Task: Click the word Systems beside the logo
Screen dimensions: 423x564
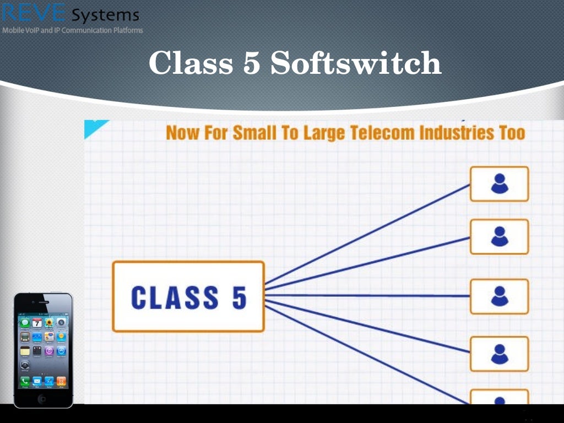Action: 105,15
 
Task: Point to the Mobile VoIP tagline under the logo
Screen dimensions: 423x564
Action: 73,30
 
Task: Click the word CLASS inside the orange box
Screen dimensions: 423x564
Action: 175,297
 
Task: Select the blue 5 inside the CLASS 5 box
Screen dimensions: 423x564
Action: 238,297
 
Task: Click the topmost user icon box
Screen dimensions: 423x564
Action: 499,184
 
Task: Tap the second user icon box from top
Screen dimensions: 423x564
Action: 499,237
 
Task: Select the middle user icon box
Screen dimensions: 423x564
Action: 499,296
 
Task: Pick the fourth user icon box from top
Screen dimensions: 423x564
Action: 499,354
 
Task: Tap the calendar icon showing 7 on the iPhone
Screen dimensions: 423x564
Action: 37,323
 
